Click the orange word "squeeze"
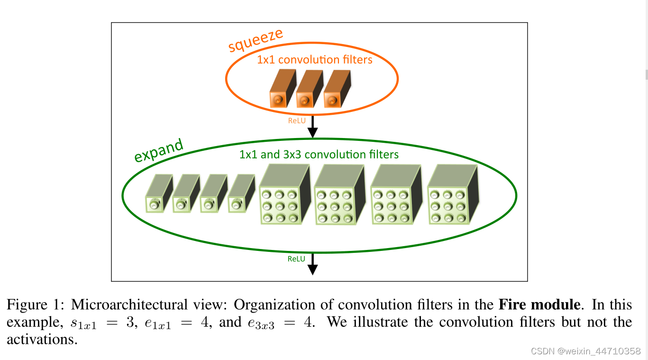point(256,40)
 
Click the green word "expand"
point(158,151)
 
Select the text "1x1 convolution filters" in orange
point(314,60)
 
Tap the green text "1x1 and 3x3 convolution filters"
point(319,155)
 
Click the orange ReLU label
point(296,120)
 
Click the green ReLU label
point(296,259)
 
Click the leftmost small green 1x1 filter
point(158,194)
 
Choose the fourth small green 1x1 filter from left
point(241,194)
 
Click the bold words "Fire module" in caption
point(539,304)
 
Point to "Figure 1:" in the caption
point(36,304)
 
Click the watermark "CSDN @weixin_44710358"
point(586,351)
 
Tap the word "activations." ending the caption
point(42,340)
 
